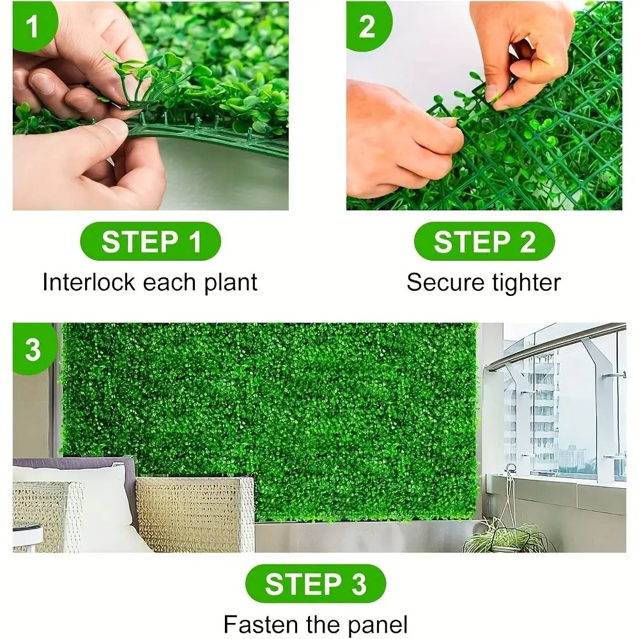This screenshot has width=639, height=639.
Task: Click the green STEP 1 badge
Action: [x=150, y=243]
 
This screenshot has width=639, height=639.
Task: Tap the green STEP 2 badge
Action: [x=484, y=243]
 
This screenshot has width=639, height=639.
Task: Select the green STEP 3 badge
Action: [x=316, y=584]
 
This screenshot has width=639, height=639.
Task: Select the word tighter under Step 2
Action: [x=523, y=282]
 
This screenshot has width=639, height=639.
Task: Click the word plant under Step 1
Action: [x=230, y=282]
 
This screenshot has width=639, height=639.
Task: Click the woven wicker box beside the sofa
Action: [x=195, y=511]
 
